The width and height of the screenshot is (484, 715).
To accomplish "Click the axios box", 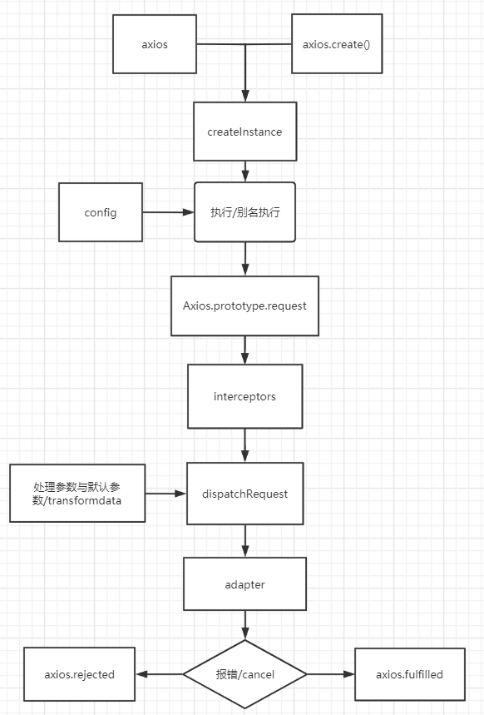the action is (155, 44).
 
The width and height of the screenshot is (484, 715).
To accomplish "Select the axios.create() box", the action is (337, 44).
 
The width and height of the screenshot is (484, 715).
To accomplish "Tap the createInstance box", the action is (244, 132).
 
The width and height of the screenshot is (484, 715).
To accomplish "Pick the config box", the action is (101, 212).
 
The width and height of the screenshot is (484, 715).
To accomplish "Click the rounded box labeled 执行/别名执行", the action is (244, 212).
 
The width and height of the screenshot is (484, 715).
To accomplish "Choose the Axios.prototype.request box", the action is (244, 305).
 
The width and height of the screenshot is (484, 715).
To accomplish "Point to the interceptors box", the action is (244, 396).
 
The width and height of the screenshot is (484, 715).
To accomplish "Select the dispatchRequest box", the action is (244, 494).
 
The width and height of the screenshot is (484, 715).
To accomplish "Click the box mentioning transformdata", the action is (77, 493).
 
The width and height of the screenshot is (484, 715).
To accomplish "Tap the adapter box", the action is (244, 583).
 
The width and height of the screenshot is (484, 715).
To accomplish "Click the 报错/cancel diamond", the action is (244, 674).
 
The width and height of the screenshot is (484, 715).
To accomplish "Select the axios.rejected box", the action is (79, 674).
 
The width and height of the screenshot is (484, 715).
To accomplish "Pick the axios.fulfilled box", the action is (410, 674).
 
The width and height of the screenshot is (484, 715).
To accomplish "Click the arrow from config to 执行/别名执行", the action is (168, 212).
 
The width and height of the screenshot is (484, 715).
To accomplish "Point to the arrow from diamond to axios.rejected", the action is (159, 674).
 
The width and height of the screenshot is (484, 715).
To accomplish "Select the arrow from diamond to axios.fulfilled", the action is (331, 674).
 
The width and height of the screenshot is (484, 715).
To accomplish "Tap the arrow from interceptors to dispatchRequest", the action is (244, 445).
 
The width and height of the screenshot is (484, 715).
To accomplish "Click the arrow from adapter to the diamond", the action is (244, 625).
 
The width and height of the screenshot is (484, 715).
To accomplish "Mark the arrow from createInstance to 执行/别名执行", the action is (244, 171).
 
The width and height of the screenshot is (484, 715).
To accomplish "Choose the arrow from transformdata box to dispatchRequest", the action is (165, 494).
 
